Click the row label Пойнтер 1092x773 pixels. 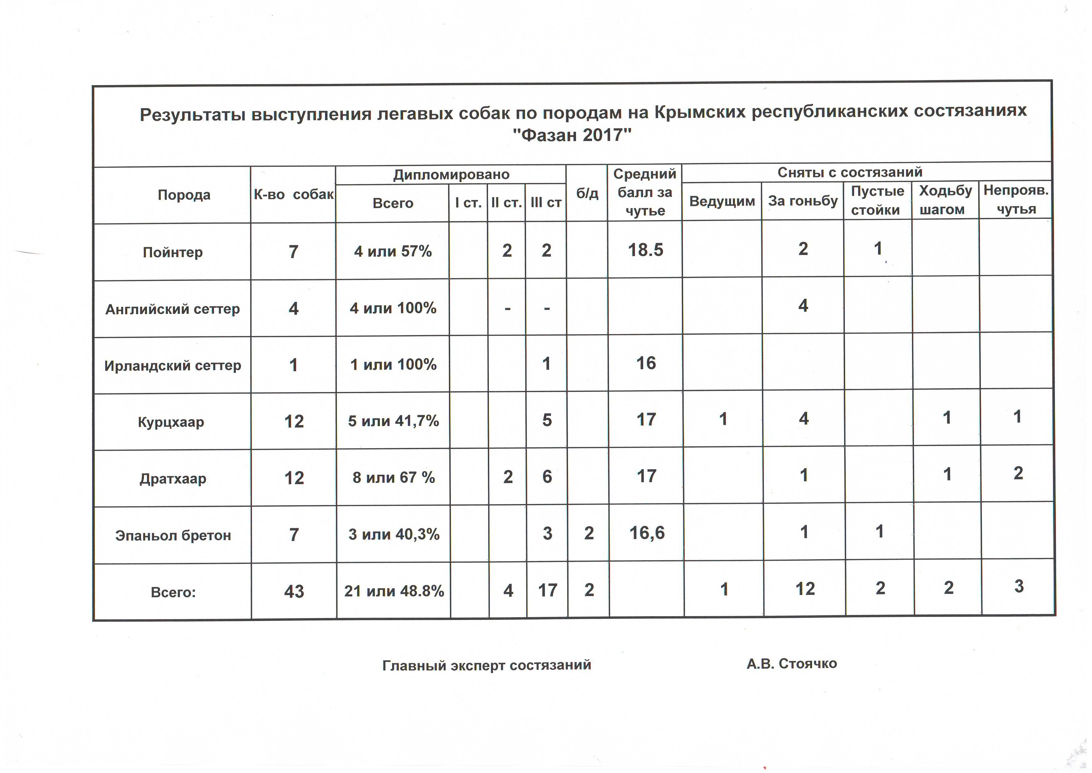(x=173, y=252)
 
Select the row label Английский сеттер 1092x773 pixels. (x=172, y=309)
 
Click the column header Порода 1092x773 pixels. (x=184, y=195)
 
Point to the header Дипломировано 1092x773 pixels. (x=451, y=175)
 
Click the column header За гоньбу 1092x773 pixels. (x=802, y=200)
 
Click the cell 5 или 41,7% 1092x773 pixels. (x=393, y=421)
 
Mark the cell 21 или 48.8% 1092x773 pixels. (x=394, y=591)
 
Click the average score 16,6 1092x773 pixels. (x=647, y=533)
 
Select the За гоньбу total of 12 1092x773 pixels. (x=805, y=589)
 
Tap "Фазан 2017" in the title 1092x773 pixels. (x=572, y=135)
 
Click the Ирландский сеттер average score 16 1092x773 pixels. (x=646, y=363)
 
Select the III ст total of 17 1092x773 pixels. (x=547, y=590)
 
